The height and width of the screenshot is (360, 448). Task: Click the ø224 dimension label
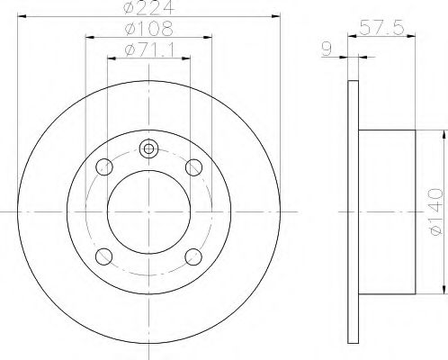tap(149, 9)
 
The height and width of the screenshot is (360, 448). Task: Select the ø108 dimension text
tap(149, 29)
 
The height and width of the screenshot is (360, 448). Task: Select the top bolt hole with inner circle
tap(149, 149)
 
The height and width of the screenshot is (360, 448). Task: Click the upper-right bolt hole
tap(193, 166)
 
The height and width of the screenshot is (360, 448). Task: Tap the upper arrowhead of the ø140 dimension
tap(444, 132)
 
